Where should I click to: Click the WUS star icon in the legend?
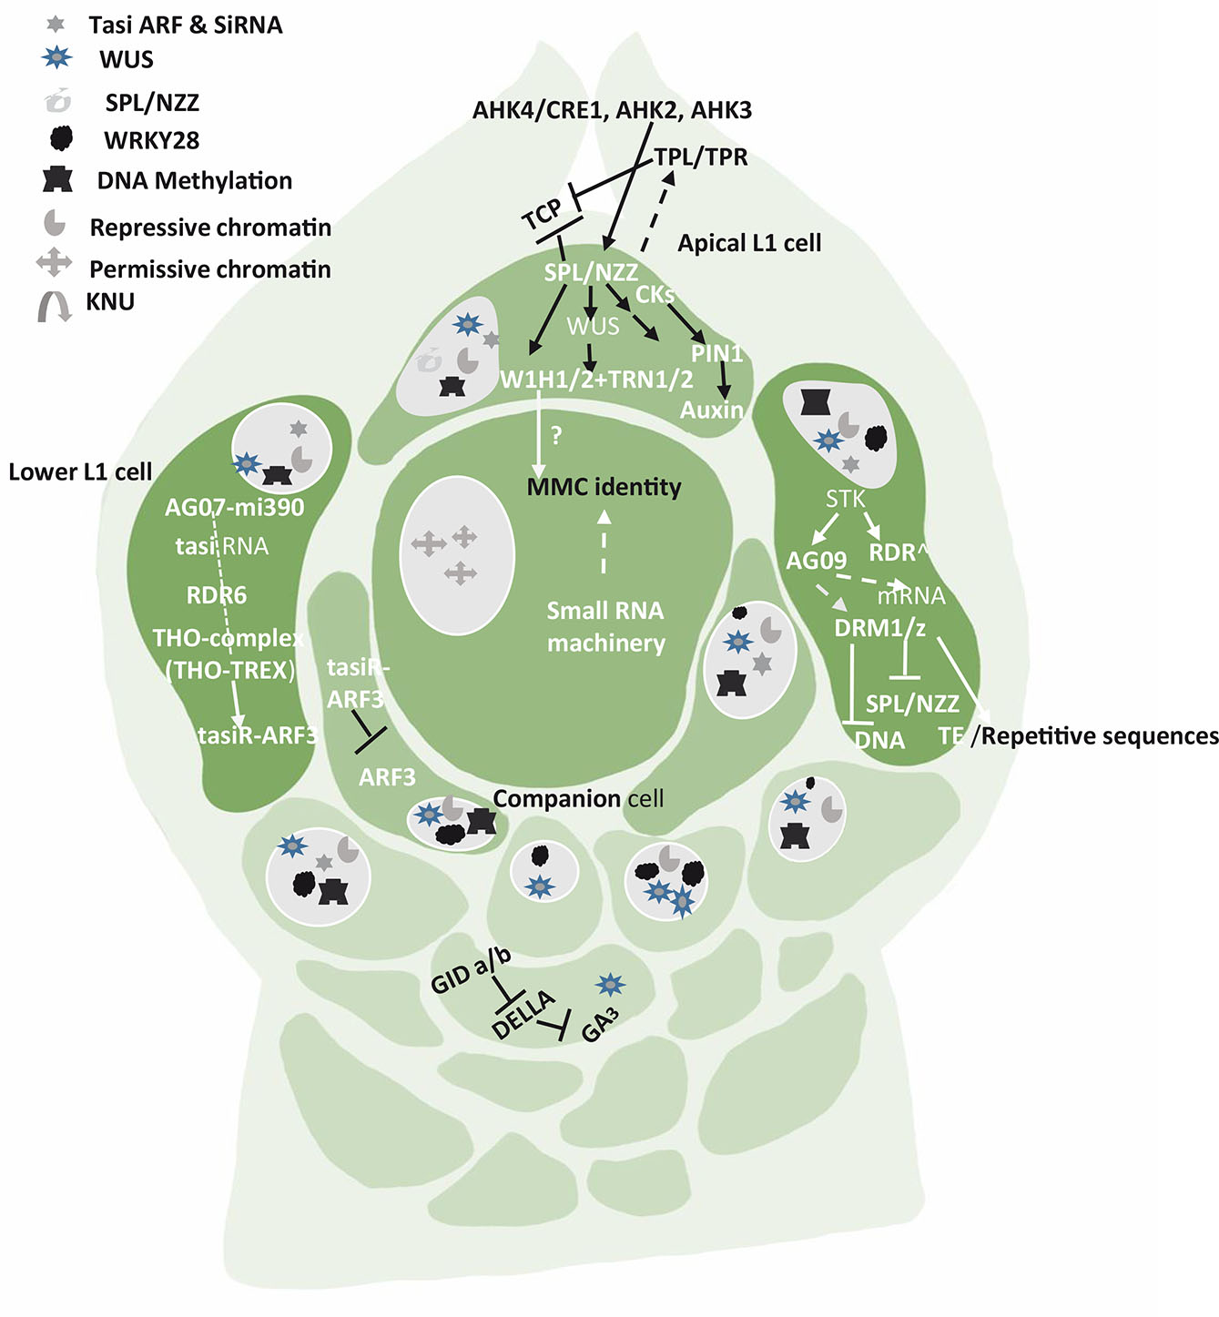57,59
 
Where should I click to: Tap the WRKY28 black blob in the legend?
60,138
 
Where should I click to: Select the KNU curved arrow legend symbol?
55,306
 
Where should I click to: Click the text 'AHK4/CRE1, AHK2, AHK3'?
612,110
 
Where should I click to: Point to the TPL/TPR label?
701,157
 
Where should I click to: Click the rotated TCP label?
543,216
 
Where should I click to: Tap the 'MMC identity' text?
604,487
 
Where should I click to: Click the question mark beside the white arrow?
557,436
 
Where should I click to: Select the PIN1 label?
716,354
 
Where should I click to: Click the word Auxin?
711,410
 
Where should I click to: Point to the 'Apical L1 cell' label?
749,243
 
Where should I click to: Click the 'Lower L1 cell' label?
80,471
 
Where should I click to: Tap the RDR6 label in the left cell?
217,595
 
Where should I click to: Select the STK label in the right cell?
845,499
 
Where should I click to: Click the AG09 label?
817,560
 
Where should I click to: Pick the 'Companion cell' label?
578,798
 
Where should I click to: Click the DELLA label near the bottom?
523,1014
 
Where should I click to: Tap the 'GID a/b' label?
471,969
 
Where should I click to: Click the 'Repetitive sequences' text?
1100,735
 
